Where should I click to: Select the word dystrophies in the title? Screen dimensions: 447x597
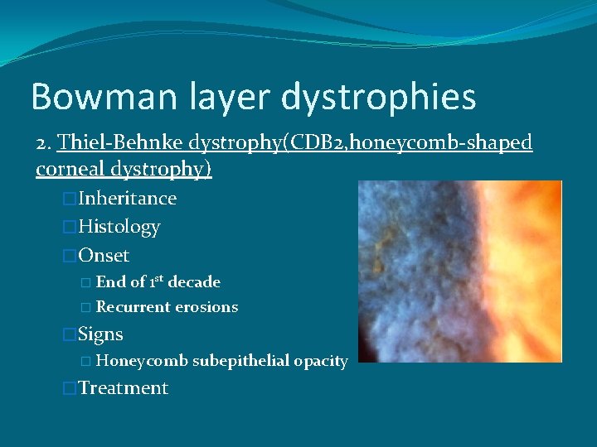(x=378, y=97)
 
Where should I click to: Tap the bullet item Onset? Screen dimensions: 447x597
(x=104, y=255)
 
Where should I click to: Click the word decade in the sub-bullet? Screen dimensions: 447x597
(x=194, y=281)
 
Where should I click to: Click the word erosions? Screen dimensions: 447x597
(x=206, y=307)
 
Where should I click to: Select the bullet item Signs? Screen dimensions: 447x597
(x=100, y=334)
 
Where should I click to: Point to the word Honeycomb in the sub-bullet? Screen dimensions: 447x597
(x=142, y=361)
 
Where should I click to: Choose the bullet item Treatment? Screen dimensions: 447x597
(x=123, y=388)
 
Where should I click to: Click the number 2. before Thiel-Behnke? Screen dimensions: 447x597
(x=44, y=143)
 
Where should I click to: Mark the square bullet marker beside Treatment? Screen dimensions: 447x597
(x=70, y=388)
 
